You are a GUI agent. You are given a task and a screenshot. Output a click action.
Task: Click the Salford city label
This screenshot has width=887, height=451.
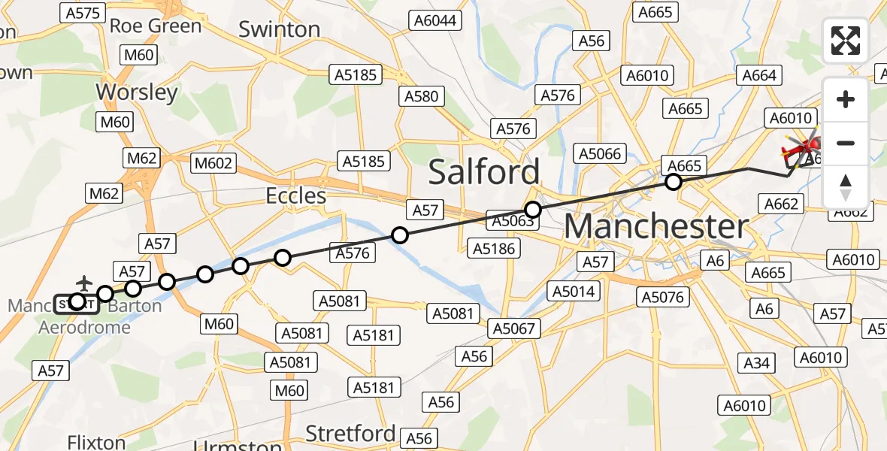tap(484, 172)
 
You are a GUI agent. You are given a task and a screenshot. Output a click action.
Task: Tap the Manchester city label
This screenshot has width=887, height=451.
tap(656, 226)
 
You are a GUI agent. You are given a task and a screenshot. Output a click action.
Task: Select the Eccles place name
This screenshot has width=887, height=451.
tap(296, 196)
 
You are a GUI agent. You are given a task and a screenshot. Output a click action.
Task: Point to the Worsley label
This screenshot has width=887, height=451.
tap(137, 92)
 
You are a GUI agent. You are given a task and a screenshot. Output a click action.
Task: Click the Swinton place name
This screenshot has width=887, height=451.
tap(279, 29)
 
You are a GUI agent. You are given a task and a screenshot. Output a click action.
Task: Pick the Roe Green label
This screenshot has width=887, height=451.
tap(156, 26)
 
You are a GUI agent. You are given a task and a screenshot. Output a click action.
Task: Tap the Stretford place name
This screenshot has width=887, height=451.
tap(350, 433)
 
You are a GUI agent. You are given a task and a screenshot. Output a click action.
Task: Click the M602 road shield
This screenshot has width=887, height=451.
tap(214, 163)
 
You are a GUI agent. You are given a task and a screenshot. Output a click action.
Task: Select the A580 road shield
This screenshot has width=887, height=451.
tap(421, 96)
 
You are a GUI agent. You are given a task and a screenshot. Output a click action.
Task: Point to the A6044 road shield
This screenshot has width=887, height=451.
tap(434, 20)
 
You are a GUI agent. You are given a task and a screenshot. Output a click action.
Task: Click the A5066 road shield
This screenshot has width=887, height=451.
tap(599, 154)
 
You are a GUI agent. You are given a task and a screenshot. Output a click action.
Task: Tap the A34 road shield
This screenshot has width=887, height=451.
tap(756, 364)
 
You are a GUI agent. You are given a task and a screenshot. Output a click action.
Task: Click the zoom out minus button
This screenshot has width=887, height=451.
tap(846, 143)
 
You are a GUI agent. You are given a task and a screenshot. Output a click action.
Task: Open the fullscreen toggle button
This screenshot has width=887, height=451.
tap(846, 41)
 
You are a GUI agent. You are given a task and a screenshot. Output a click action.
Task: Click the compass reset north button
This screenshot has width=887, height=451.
tap(846, 186)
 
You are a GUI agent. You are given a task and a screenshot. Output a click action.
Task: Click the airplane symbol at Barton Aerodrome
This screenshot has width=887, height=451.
tap(83, 283)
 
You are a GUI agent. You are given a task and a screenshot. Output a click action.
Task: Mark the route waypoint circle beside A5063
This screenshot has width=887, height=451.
tap(533, 209)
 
